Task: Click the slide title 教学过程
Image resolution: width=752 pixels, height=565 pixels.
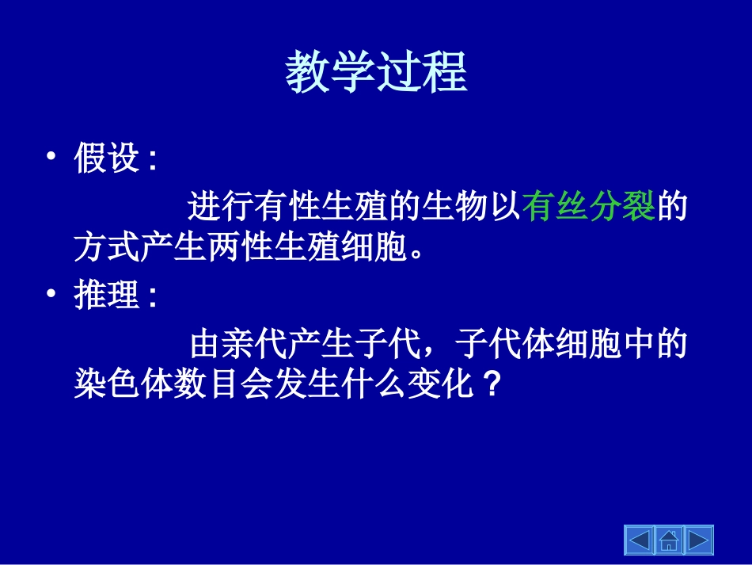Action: pos(376,73)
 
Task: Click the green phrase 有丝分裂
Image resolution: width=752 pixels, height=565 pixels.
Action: pos(589,208)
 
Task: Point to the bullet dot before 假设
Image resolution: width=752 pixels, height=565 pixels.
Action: pos(51,158)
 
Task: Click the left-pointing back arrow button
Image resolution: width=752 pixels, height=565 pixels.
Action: pos(639,541)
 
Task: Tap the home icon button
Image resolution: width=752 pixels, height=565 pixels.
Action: pos(669,541)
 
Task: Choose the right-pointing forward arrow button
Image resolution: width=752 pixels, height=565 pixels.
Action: pos(698,541)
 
